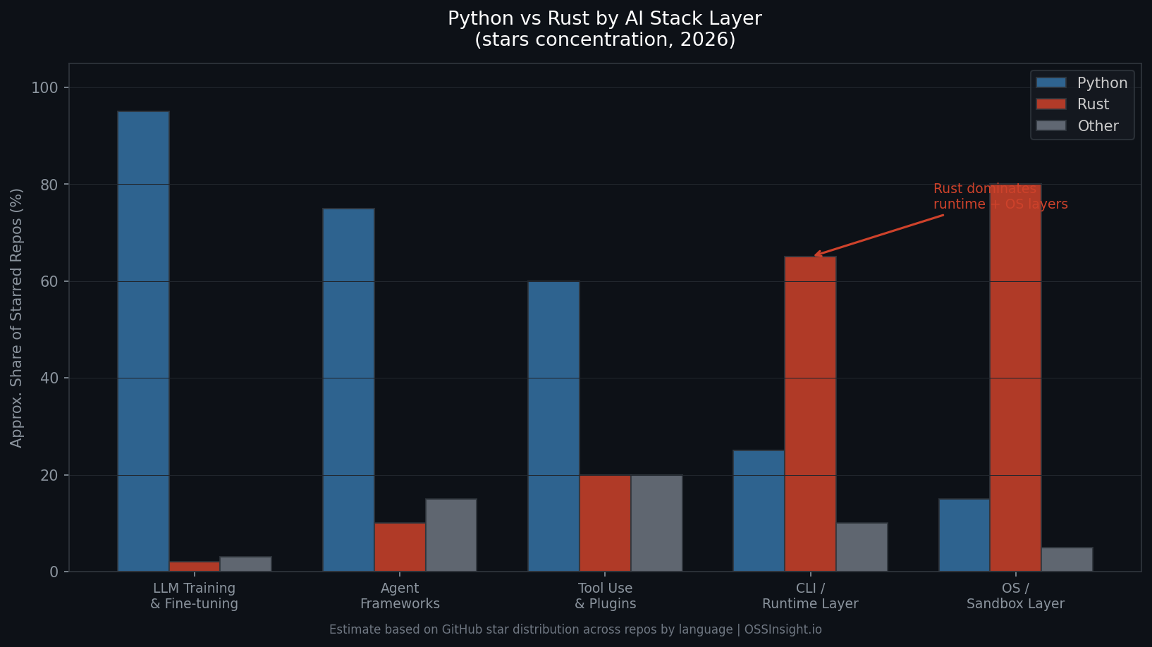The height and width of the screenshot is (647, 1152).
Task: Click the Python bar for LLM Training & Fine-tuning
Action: [143, 341]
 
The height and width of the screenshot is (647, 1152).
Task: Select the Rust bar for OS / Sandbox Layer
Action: [1015, 378]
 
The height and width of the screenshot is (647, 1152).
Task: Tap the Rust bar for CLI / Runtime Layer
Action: [810, 414]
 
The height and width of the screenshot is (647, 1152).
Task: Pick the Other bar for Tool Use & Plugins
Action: [656, 523]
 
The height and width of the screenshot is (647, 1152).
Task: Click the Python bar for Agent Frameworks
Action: [348, 390]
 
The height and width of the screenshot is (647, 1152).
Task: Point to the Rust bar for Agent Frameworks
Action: [400, 547]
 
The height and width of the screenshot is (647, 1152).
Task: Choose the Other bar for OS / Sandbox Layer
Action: [1067, 560]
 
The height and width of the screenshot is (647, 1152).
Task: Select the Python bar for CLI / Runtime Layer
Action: [759, 511]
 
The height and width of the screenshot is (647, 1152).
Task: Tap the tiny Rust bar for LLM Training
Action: [195, 567]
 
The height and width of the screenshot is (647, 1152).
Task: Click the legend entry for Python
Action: [1081, 83]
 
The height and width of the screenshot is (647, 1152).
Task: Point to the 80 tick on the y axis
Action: [49, 185]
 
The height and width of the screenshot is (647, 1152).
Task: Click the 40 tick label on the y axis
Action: [49, 378]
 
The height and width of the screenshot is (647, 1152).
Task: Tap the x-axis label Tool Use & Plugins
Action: [605, 596]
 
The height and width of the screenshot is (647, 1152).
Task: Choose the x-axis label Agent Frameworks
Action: [400, 596]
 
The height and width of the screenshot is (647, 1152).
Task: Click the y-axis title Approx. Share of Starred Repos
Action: [17, 317]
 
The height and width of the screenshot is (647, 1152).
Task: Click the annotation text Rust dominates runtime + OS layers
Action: [1000, 197]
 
